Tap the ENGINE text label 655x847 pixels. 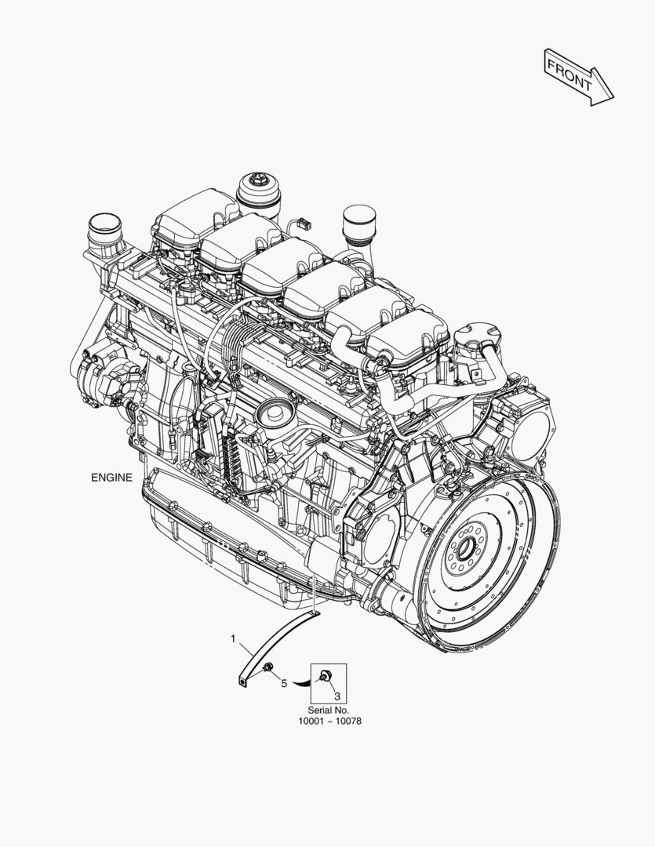pos(111,478)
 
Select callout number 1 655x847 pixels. pos(234,639)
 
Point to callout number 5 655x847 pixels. pos(284,684)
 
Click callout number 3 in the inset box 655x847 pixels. pos(337,696)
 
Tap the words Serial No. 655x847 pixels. pos(329,711)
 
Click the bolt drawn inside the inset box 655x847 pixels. pos(324,674)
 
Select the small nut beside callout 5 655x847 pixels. pos(268,669)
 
